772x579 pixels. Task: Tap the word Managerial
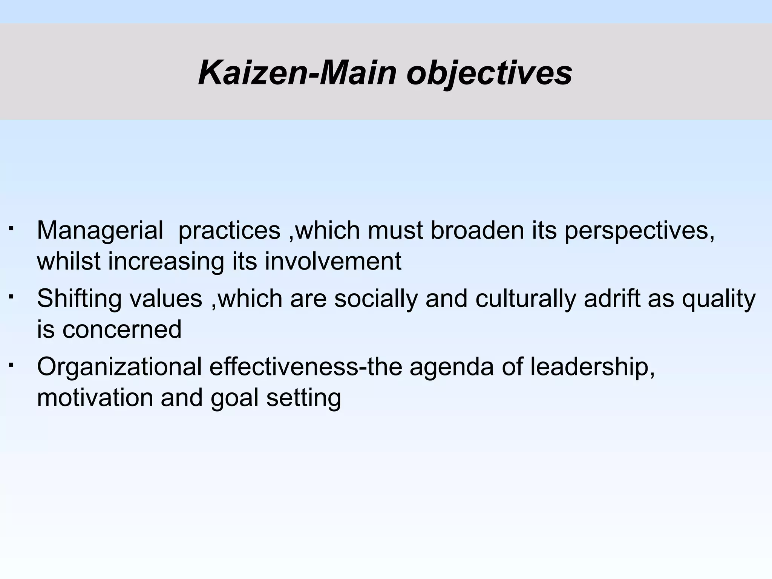[x=100, y=231]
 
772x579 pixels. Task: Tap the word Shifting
[x=79, y=299]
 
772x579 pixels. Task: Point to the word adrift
[x=612, y=298]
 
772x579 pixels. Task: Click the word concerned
[x=122, y=329]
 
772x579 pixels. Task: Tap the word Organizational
[x=119, y=367]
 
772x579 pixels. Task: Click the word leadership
[x=592, y=367]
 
